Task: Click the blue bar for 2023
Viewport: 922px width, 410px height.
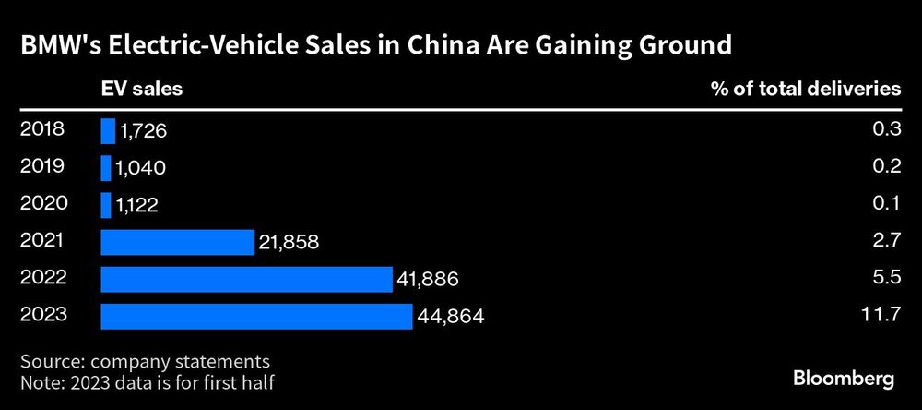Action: (256, 316)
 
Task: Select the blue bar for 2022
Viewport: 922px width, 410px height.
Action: (247, 279)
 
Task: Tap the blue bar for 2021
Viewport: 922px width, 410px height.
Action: (177, 242)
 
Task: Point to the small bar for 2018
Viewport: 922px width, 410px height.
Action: (108, 131)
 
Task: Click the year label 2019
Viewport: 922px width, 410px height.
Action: (42, 167)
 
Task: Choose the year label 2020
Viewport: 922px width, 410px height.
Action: (42, 204)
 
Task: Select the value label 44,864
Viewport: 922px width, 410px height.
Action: (450, 317)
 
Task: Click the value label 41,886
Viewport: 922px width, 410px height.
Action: (427, 280)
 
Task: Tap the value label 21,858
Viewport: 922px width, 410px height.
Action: (289, 243)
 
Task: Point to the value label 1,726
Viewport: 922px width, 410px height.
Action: (143, 132)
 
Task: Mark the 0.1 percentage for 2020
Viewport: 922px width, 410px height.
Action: (886, 204)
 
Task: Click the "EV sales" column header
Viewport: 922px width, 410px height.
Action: (141, 89)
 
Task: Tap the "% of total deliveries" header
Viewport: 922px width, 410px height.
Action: (805, 89)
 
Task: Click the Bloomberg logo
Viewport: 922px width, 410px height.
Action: (844, 380)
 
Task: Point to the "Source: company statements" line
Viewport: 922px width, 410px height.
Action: (144, 361)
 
